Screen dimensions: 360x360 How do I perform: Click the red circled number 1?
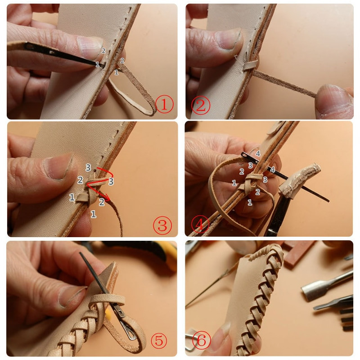click(164, 105)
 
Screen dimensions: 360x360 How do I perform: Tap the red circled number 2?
click(200, 105)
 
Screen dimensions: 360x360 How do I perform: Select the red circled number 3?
click(162, 226)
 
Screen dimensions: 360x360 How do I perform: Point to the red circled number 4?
click(200, 225)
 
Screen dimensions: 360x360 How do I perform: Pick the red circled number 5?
click(159, 340)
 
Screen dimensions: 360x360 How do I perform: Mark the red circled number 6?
click(201, 340)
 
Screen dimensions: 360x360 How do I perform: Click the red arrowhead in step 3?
click(107, 198)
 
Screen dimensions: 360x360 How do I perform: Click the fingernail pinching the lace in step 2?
click(333, 100)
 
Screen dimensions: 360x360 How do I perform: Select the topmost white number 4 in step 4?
click(258, 153)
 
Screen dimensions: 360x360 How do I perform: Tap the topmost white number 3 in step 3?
click(88, 167)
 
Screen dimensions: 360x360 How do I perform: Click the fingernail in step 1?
click(90, 47)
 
